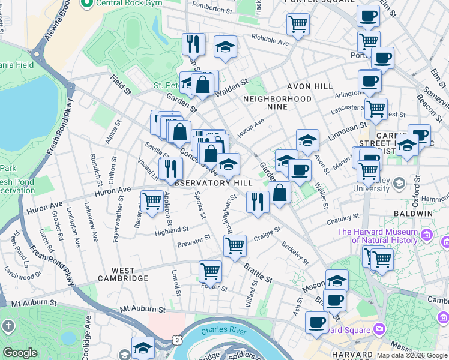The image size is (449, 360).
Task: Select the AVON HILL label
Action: coord(309,86)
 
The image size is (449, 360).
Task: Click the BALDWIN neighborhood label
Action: coord(413,214)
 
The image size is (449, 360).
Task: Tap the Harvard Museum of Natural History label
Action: coord(378,236)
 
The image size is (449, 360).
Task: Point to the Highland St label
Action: coord(172,230)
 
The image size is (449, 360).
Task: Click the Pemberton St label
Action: coord(211,10)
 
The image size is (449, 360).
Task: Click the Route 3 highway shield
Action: coord(178,340)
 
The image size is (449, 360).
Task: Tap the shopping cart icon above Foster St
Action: coord(210,271)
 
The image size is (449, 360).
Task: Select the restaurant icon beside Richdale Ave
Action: coord(193,43)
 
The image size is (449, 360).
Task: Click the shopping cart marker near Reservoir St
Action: coord(151,201)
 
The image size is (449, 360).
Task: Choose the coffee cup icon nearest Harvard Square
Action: coord(316,322)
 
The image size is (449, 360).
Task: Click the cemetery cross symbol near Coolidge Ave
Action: coord(8,326)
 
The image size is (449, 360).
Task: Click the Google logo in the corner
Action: coord(20,353)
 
